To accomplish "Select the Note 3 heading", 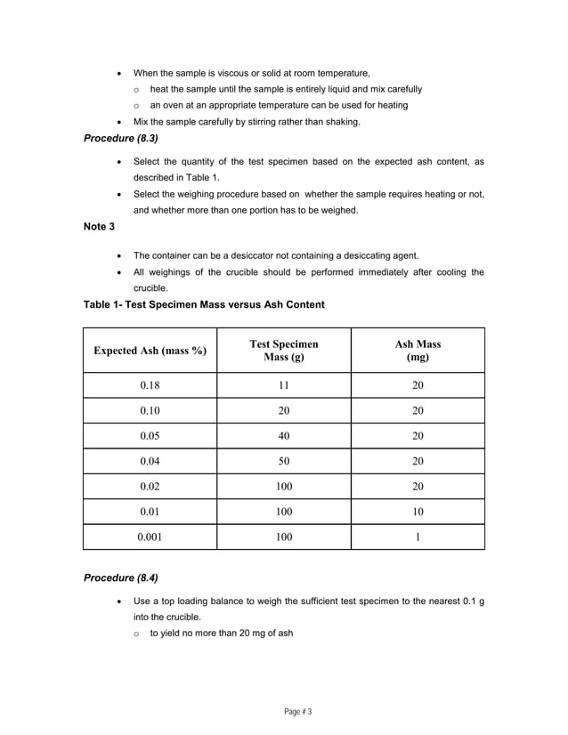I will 99,227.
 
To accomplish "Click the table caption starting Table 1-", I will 204,304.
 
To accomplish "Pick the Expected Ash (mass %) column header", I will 150,351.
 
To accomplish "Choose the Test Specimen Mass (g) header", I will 284,351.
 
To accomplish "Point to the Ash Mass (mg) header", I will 418,351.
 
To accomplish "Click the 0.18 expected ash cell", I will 150,385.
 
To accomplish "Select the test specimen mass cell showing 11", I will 284,385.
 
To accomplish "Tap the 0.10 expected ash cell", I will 150,410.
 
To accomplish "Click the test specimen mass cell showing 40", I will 284,436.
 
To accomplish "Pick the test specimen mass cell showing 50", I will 284,461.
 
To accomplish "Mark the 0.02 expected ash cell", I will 150,487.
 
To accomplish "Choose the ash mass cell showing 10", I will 418,512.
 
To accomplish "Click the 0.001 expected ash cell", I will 150,537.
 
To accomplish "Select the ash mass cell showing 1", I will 418,537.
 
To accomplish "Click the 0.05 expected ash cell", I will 150,436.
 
